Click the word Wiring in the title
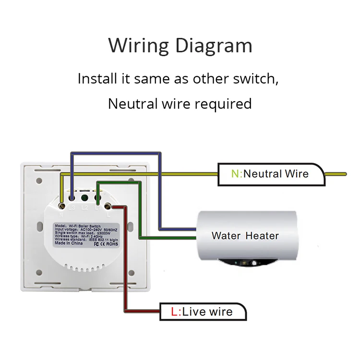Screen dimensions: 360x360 click(x=137, y=46)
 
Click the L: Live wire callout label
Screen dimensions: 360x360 click(x=202, y=312)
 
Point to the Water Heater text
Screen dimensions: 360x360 click(x=245, y=236)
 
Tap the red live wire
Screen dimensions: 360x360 click(x=126, y=269)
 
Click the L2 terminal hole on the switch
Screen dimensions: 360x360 click(x=84, y=197)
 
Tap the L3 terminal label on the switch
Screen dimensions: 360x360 click(x=72, y=208)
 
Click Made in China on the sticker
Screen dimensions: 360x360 click(x=69, y=244)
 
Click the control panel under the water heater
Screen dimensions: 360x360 click(x=244, y=263)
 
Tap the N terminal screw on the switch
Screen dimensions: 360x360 click(x=63, y=205)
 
